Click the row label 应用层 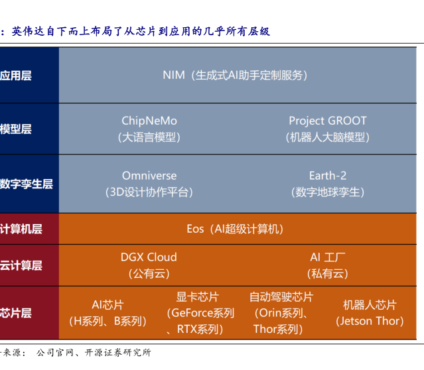point(16,76)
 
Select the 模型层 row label point(16,129)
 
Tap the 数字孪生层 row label point(27,184)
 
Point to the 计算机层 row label point(21,229)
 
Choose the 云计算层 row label point(21,265)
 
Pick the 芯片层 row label point(16,313)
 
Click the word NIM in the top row point(174,75)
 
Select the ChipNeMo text point(149,121)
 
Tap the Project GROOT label point(328,121)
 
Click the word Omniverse point(149,176)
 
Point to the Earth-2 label point(328,176)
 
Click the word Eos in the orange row point(195,229)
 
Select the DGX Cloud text point(149,257)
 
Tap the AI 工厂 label point(328,257)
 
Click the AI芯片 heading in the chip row point(107,305)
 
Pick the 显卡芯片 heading point(198,297)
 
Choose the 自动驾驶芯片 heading point(281,297)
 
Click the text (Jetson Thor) point(370,321)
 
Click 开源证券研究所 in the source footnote point(118,353)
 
